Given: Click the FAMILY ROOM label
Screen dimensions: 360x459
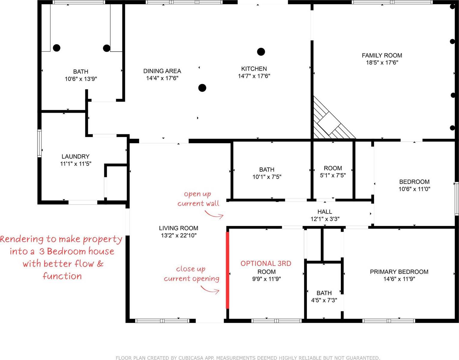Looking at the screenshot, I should coord(382,55).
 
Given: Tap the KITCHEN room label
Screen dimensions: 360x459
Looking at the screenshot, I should coord(254,69).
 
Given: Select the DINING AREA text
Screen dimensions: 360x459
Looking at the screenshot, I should coord(162,71).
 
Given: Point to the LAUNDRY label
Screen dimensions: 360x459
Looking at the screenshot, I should coord(75,157).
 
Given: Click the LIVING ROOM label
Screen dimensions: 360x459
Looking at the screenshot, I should coord(178,228).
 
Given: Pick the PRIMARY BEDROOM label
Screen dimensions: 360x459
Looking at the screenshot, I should coord(399,272).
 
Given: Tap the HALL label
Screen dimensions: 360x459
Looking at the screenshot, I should coord(325,212).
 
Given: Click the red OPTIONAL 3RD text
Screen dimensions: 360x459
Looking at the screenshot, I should coord(266,263).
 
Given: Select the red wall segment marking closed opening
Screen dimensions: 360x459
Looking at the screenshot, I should coord(227,270).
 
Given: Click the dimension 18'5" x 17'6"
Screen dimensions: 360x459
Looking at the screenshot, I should coord(382,63).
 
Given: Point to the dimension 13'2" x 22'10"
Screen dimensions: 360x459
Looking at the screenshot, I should coord(178,235).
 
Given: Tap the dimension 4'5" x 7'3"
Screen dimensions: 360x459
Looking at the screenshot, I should coord(324,300).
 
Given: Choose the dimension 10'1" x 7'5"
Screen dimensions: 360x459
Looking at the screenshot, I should coord(267,177).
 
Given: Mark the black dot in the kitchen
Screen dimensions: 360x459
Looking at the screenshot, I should coord(261,52).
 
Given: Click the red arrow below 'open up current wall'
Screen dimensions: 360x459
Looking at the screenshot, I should coord(214,214).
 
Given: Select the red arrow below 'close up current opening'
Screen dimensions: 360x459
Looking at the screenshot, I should coord(210,290).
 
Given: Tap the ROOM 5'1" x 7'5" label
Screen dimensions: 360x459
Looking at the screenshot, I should coord(333,168).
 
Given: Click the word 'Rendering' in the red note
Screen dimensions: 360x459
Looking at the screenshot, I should coord(22,239).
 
